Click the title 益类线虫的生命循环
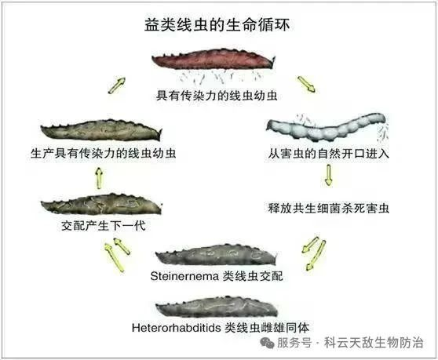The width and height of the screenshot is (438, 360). [x=217, y=25]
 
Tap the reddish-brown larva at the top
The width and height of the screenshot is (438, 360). [x=214, y=59]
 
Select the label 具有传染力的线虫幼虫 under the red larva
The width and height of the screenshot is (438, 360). [x=217, y=96]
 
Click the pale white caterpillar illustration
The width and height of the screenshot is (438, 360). [x=326, y=126]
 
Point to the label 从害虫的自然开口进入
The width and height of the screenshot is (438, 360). [x=328, y=154]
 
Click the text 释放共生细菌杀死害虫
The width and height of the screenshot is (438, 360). [x=328, y=208]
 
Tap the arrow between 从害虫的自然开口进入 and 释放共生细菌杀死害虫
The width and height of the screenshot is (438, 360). [x=328, y=175]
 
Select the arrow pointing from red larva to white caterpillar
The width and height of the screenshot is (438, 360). [x=306, y=84]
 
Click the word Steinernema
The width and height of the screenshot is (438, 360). [x=184, y=276]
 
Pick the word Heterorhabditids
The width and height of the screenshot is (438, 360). [x=177, y=328]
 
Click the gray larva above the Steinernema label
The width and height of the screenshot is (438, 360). [x=217, y=255]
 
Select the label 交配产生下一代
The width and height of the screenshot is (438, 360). [x=104, y=225]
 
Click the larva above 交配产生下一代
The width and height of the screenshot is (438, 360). [x=101, y=204]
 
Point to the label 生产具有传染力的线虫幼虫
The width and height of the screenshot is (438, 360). [x=104, y=154]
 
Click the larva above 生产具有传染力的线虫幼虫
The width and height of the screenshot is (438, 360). [x=101, y=130]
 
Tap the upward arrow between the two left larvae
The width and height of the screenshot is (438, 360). [x=99, y=178]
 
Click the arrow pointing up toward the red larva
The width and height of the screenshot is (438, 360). [x=116, y=85]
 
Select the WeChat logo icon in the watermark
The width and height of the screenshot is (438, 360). [x=267, y=343]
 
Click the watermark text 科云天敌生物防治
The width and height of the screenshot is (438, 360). [x=374, y=343]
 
